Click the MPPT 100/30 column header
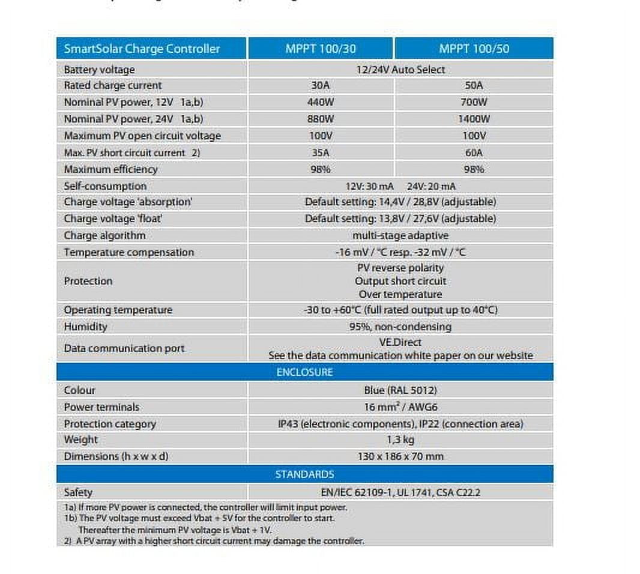tap(321, 49)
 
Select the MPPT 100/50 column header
tap(474, 49)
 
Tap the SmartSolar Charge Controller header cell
tap(142, 49)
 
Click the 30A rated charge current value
tap(321, 86)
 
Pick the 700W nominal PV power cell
tap(474, 103)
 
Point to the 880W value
tap(321, 119)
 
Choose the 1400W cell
tap(474, 119)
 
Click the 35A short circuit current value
tap(321, 153)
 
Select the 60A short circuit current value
tap(474, 153)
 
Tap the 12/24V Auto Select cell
tap(400, 70)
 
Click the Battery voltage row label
tap(100, 70)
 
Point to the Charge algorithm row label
tap(105, 235)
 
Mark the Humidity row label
tap(86, 327)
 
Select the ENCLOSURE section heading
tap(304, 372)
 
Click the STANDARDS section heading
tap(304, 474)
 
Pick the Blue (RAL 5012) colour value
tap(400, 390)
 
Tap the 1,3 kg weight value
tap(400, 440)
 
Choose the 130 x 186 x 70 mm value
tap(400, 456)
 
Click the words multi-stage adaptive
tap(400, 235)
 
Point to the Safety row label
tap(79, 492)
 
